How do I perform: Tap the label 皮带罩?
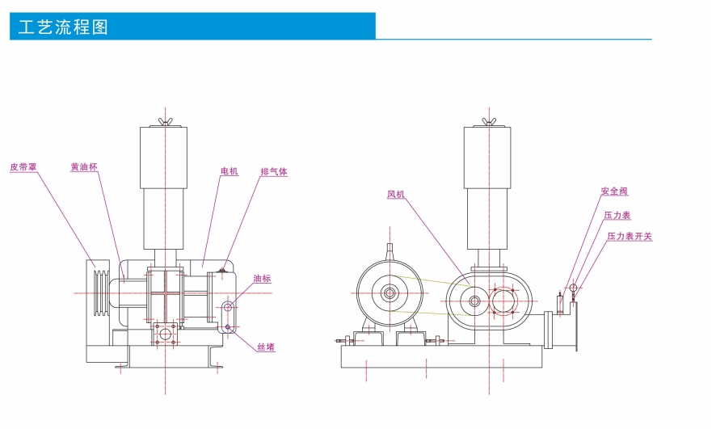pyautogui.click(x=23, y=167)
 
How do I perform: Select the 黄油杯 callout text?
pyautogui.click(x=84, y=167)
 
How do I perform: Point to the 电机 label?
pyautogui.click(x=230, y=172)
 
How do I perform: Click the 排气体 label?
pyautogui.click(x=274, y=172)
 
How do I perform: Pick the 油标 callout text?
pyautogui.click(x=262, y=279)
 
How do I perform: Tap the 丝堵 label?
pyautogui.click(x=267, y=347)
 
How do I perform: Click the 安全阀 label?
pyautogui.click(x=614, y=191)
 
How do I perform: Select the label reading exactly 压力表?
pyautogui.click(x=617, y=216)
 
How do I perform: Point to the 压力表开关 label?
pyautogui.click(x=630, y=237)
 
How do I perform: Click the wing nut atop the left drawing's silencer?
pyautogui.click(x=166, y=121)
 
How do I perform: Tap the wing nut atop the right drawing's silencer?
pyautogui.click(x=488, y=121)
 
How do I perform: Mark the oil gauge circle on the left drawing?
pyautogui.click(x=228, y=306)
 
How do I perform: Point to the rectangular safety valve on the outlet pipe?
pyautogui.click(x=559, y=304)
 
